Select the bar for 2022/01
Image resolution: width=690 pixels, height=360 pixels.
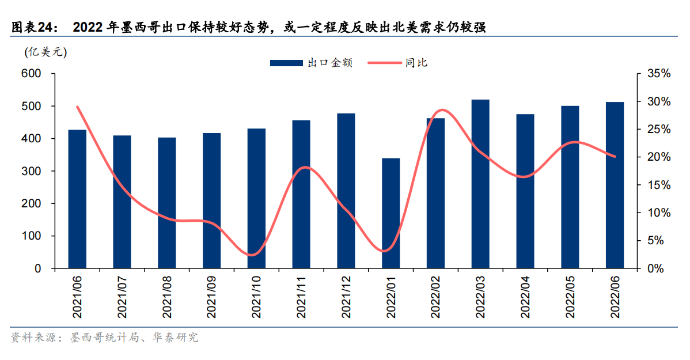(x=391, y=213)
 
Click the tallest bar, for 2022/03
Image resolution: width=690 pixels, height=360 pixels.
(x=480, y=184)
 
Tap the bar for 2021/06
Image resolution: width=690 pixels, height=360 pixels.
(x=77, y=199)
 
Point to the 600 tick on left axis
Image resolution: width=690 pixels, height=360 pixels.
(x=31, y=74)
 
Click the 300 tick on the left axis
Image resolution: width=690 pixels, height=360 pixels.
(x=31, y=172)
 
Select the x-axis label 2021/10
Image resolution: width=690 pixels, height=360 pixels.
(x=257, y=297)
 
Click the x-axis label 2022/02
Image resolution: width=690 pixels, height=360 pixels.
(x=436, y=297)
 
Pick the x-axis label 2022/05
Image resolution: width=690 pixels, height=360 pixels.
(x=570, y=297)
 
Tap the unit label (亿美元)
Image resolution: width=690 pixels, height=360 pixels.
(x=46, y=52)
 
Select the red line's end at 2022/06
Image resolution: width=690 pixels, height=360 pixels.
(x=615, y=156)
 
